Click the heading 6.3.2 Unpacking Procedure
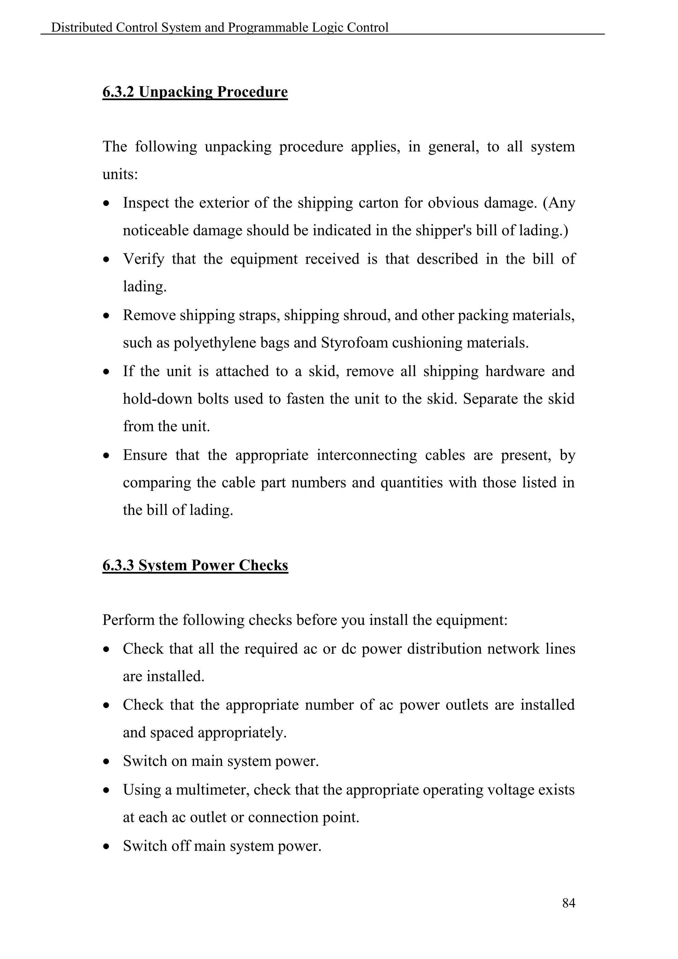pos(195,91)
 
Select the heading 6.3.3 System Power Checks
pos(195,565)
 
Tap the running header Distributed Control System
pos(219,27)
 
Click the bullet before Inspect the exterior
pos(107,204)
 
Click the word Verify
pos(143,259)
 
